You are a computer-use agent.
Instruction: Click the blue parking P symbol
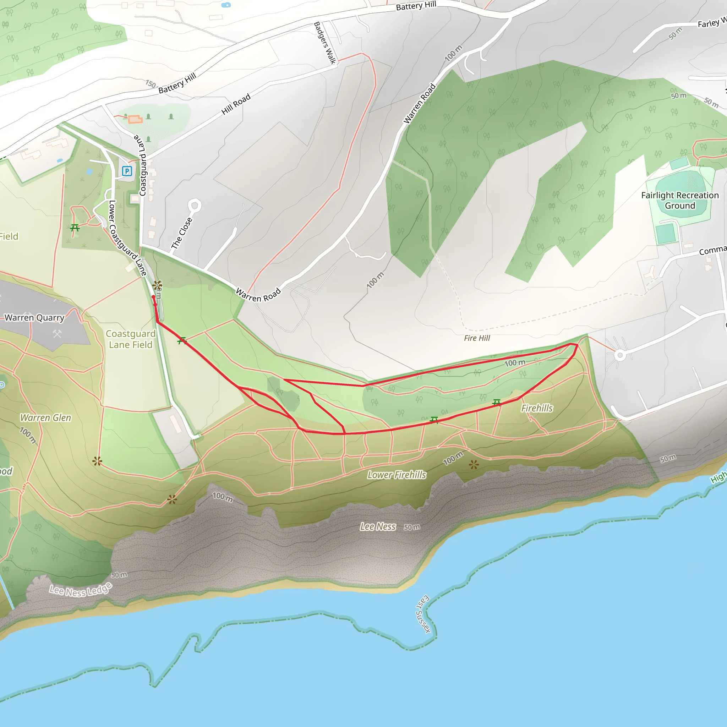coord(127,171)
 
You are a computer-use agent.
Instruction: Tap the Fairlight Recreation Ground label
coord(679,200)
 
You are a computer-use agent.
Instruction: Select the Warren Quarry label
coord(35,318)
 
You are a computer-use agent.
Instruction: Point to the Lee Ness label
coord(378,527)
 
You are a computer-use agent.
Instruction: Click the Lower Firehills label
coord(397,475)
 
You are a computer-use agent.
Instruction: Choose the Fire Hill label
coord(477,338)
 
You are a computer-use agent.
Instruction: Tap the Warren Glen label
coord(45,418)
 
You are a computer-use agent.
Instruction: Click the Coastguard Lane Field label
coord(131,339)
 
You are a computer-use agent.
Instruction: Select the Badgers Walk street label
coord(324,43)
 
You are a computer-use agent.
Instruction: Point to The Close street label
coord(182,233)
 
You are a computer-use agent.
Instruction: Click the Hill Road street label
coord(236,104)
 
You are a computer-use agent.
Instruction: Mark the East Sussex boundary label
coord(423,614)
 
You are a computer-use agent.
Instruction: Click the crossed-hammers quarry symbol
coord(57,334)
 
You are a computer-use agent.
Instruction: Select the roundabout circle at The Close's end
coord(195,206)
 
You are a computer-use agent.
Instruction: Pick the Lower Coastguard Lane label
coord(127,238)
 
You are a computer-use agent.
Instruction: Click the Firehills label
coord(537,408)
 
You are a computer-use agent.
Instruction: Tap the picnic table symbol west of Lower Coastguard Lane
coord(75,228)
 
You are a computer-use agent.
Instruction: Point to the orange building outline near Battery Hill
coord(135,120)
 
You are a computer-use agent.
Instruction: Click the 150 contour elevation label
coord(151,83)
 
